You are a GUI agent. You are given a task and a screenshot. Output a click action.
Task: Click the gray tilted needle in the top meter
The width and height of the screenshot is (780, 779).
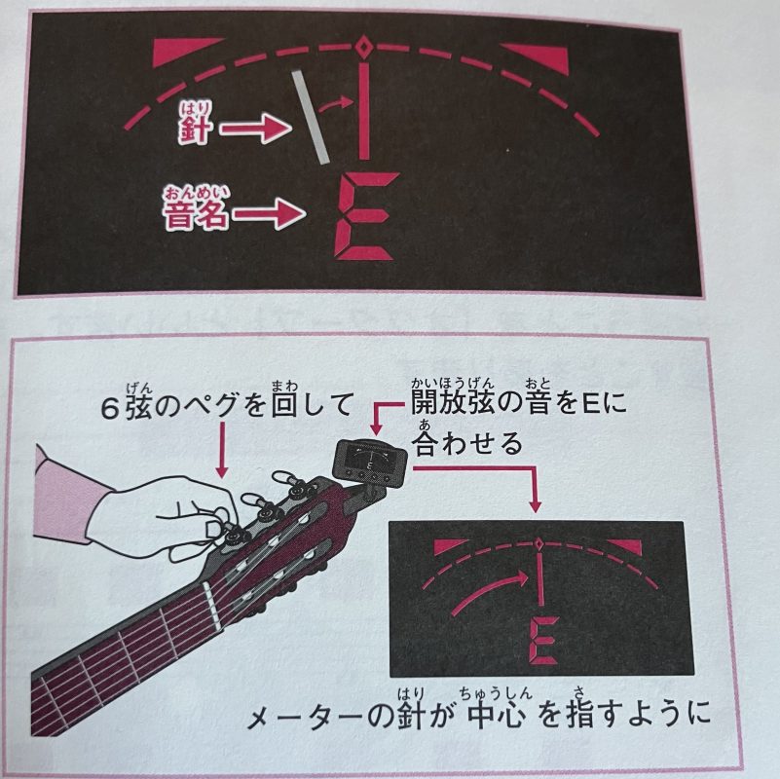pyautogui.click(x=311, y=118)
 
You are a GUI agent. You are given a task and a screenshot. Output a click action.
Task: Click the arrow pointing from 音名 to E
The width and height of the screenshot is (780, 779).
pyautogui.click(x=269, y=214)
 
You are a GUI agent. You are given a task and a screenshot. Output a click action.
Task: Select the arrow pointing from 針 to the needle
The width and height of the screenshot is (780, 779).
pyautogui.click(x=256, y=129)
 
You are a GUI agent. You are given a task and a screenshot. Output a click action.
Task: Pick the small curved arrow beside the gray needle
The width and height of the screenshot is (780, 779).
pyautogui.click(x=336, y=103)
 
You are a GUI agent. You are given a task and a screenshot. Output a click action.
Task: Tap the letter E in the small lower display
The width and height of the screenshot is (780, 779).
pyautogui.click(x=544, y=641)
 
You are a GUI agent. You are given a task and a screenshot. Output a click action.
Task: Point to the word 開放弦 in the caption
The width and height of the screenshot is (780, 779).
pyautogui.click(x=453, y=403)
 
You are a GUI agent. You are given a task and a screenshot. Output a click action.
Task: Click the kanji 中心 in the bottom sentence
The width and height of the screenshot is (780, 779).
pyautogui.click(x=498, y=716)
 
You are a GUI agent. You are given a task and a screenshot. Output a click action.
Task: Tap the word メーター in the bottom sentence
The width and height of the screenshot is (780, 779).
pyautogui.click(x=306, y=718)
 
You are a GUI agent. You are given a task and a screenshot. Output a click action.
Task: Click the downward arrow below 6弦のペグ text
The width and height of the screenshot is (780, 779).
pyautogui.click(x=222, y=450)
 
